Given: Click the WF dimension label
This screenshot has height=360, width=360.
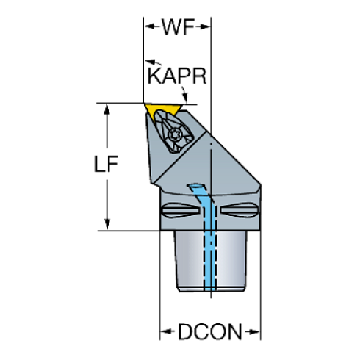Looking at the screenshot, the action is (x=178, y=26).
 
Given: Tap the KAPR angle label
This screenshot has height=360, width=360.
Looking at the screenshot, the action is (x=177, y=76).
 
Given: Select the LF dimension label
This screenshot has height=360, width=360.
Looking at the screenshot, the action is (x=106, y=164).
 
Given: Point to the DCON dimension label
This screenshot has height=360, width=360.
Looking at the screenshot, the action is (x=210, y=332).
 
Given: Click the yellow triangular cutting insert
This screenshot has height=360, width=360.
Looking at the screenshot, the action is (x=162, y=109).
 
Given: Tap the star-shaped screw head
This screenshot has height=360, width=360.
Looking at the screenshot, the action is (x=174, y=134).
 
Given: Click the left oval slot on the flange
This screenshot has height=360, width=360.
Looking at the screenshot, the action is (x=180, y=210).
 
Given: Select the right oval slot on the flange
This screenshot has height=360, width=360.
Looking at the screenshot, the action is (x=239, y=210).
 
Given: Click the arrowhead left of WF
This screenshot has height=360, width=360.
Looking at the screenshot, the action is (x=149, y=26).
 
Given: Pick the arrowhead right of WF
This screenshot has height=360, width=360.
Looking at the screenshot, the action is (x=205, y=26).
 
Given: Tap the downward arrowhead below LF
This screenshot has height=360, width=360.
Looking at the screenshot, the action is (x=107, y=224).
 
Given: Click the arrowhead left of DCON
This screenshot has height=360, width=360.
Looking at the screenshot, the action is (x=165, y=332).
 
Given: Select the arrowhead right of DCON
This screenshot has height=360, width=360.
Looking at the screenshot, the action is (x=255, y=332).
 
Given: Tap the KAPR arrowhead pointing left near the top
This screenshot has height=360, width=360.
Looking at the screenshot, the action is (x=150, y=61).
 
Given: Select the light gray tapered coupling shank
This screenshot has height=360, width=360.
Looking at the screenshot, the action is (x=211, y=261).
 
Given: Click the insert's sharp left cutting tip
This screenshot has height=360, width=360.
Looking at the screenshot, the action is (x=144, y=104).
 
